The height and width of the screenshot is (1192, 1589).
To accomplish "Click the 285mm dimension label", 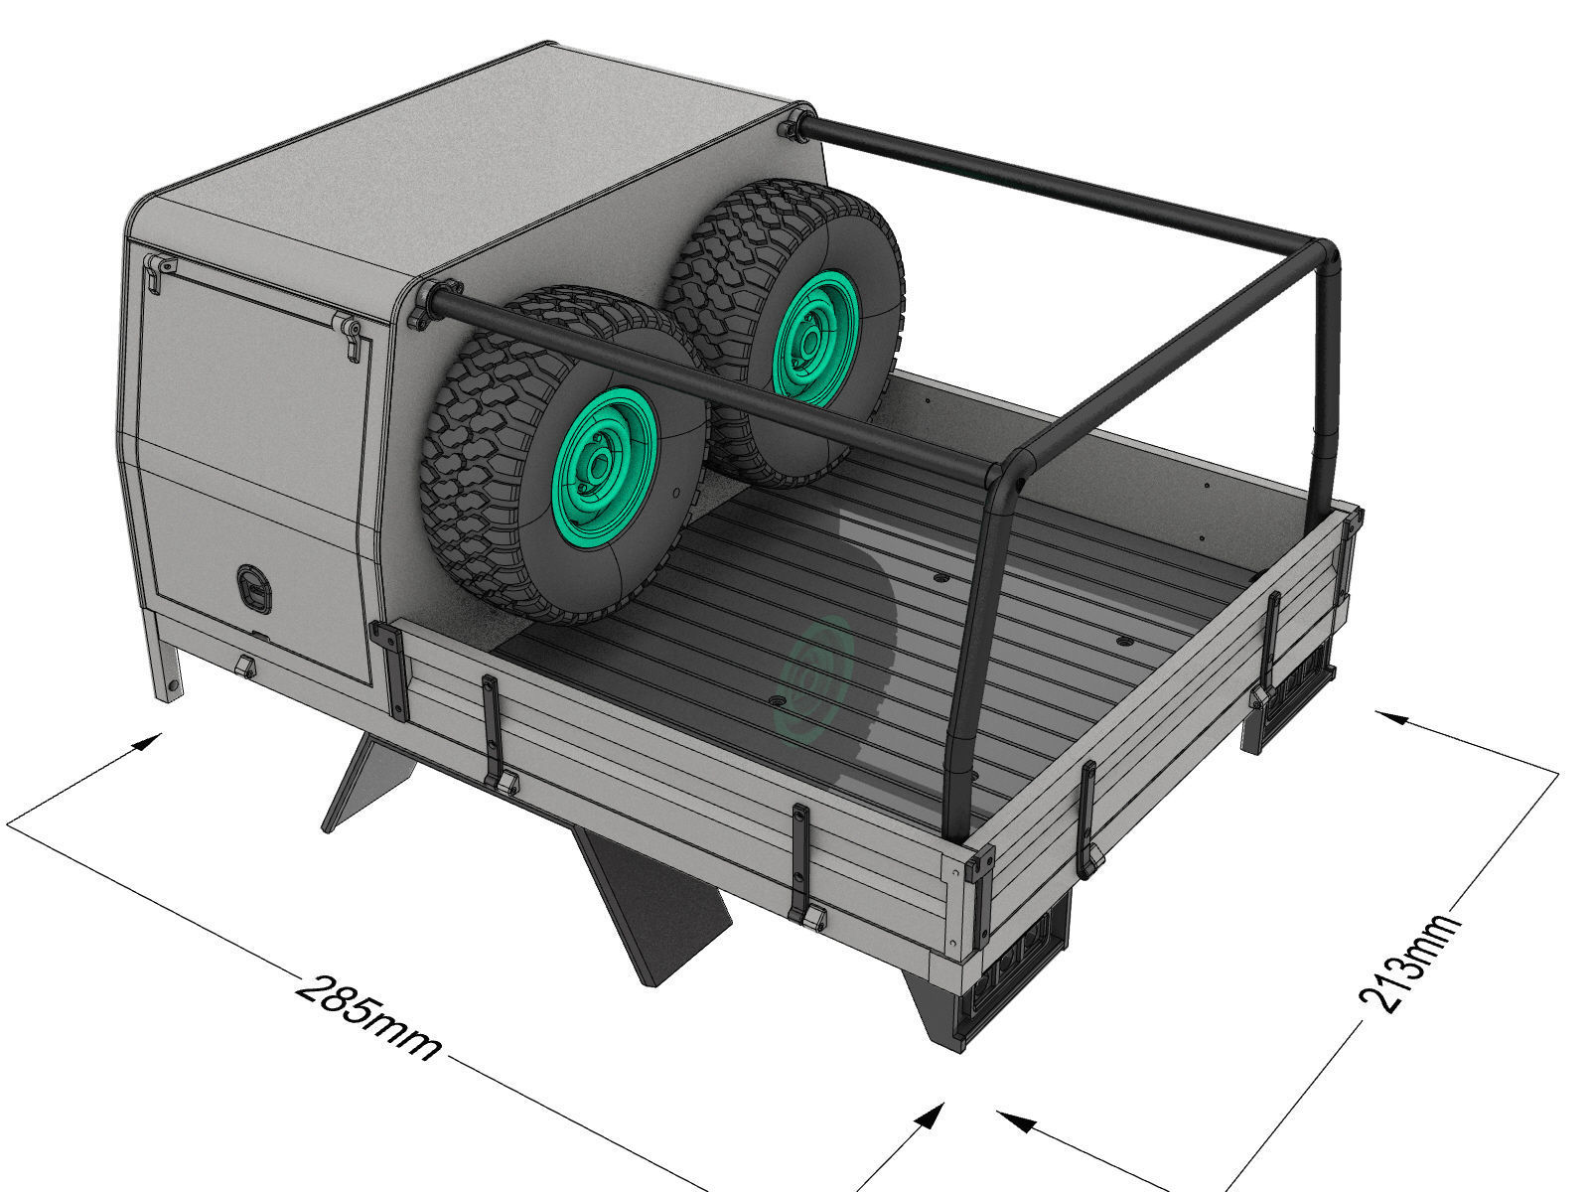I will click(368, 1018).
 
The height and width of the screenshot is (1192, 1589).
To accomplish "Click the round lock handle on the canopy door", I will click(252, 585).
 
